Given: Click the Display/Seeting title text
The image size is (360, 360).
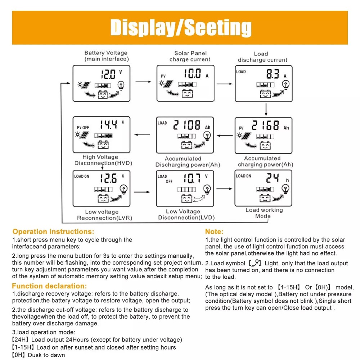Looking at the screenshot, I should coord(180,27).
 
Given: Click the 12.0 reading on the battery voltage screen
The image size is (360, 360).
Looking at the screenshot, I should coord(108,75).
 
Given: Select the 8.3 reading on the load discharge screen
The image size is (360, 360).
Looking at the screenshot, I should coord(273,75).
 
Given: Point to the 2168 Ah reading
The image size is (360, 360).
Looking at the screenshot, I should coord(265,126).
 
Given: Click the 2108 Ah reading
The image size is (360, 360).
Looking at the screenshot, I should coord(187,125).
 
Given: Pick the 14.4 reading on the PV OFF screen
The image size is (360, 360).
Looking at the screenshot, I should coord(108,125).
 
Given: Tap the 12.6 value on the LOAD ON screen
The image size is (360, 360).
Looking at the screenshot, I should coord(108,178).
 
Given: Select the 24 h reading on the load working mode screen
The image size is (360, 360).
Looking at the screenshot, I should coord(273,177).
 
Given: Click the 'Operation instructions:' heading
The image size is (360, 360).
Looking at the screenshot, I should coord(53,231).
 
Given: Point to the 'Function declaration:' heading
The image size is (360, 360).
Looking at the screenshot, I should coord(49,286).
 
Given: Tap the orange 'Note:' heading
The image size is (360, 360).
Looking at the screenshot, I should coord(214,231).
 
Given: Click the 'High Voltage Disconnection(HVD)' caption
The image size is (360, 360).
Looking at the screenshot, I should coord(103,160).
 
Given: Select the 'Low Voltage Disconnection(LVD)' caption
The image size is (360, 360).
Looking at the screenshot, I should coord(186,215).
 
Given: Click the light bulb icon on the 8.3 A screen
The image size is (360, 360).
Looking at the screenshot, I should coord(285,85).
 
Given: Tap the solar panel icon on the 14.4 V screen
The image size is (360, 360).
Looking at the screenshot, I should coord(85,136).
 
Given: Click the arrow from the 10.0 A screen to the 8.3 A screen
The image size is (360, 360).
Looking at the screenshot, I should coord(225,84).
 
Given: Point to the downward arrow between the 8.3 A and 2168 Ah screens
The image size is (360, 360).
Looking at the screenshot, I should coord(265,109).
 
